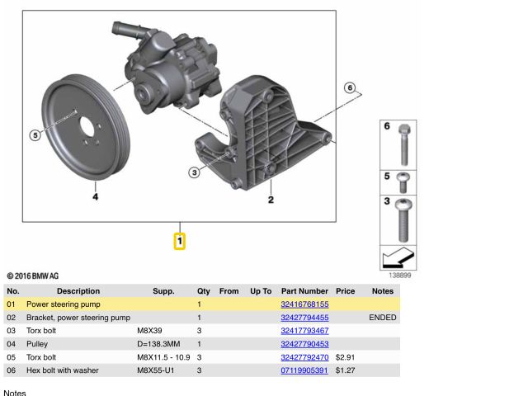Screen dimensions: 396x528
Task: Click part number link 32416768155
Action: [304, 304]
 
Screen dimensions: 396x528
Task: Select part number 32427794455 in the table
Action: [304, 318]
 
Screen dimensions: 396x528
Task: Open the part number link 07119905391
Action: [304, 370]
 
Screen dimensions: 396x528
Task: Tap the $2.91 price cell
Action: [344, 357]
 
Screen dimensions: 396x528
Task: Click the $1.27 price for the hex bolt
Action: [344, 370]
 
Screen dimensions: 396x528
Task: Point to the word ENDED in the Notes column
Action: [382, 318]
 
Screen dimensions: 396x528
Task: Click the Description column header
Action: [78, 291]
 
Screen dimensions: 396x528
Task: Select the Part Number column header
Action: [304, 291]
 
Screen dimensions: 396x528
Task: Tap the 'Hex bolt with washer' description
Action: [63, 370]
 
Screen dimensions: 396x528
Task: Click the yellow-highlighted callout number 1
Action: [179, 242]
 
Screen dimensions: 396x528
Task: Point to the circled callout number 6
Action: [349, 88]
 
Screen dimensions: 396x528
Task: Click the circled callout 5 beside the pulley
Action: [35, 135]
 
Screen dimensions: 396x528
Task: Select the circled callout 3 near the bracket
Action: [195, 172]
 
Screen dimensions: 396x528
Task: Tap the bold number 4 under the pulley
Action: [96, 197]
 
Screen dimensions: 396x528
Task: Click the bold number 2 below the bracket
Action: [271, 199]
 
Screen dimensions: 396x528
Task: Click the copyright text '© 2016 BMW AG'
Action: [32, 276]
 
